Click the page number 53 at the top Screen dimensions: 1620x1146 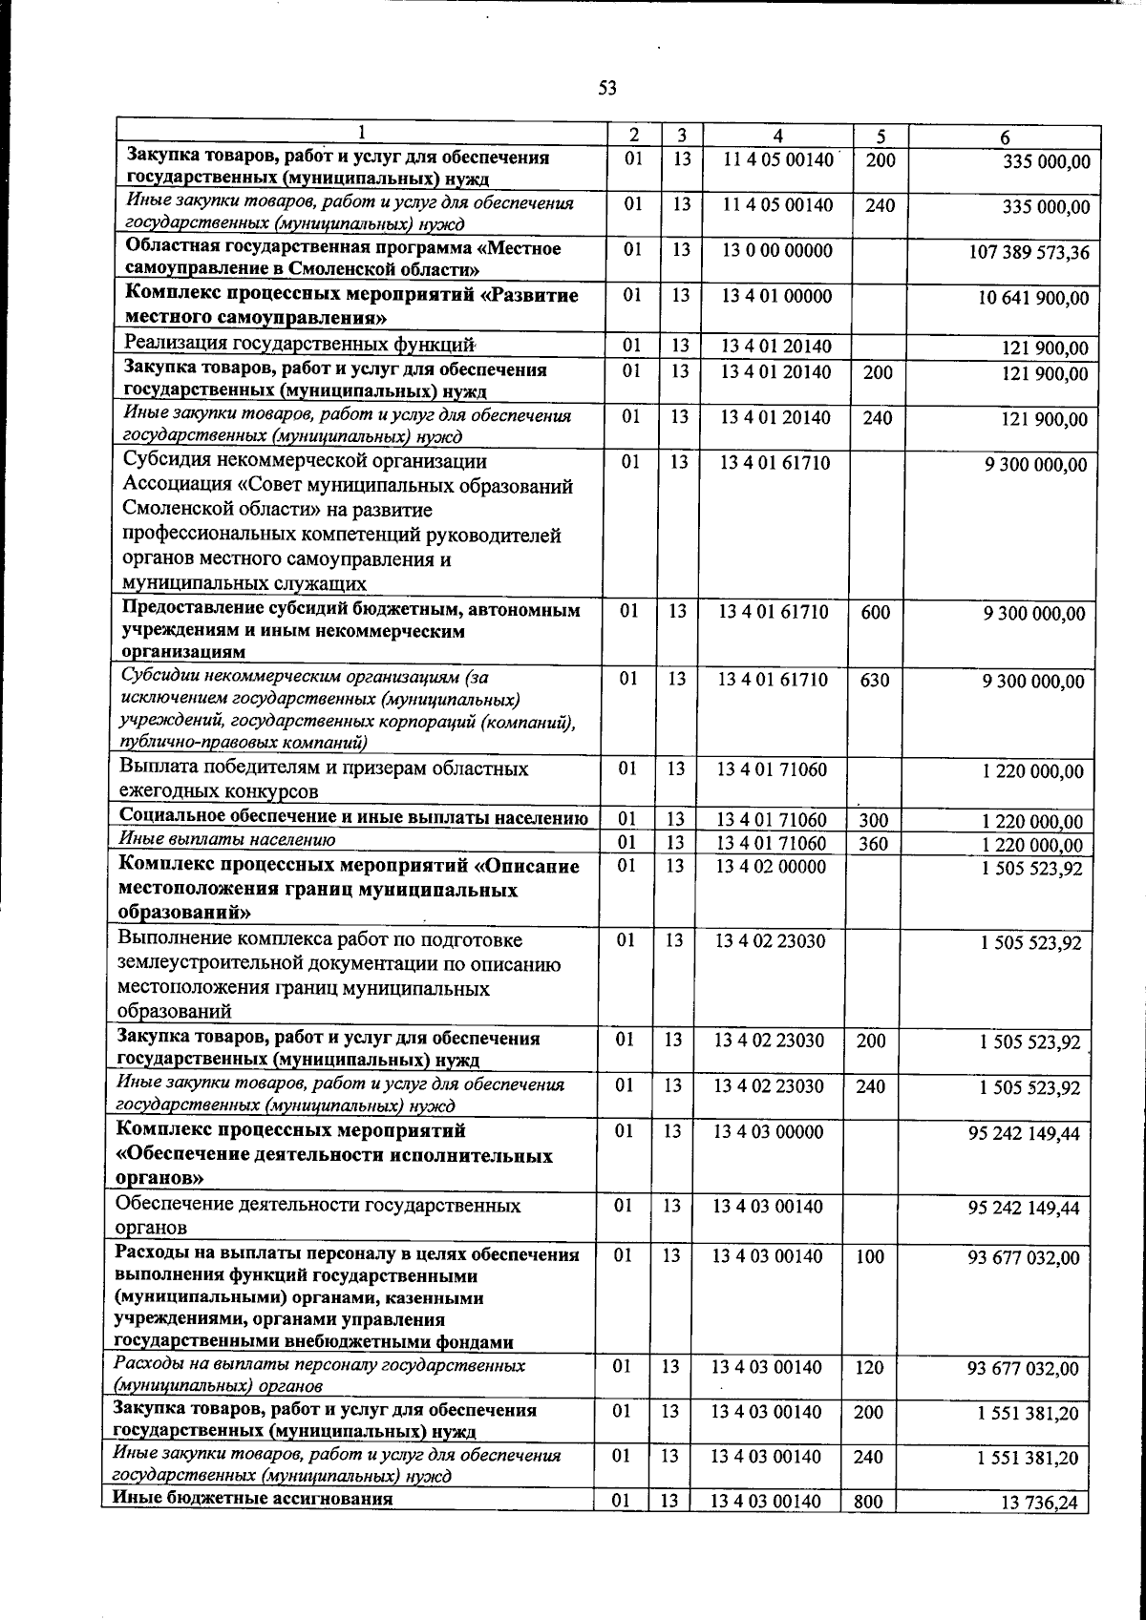(x=607, y=89)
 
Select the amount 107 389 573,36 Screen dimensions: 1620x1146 (x=1029, y=254)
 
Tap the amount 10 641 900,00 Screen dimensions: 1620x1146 (x=1033, y=299)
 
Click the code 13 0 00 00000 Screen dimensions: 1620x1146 (x=776, y=251)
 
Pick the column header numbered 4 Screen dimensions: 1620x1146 (x=778, y=137)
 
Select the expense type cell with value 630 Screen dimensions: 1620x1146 (x=875, y=681)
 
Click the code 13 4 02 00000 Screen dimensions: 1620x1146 (x=770, y=867)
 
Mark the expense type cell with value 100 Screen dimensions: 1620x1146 (x=869, y=1256)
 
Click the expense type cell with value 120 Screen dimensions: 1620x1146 (x=869, y=1367)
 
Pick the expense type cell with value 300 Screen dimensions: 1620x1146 (x=873, y=820)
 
